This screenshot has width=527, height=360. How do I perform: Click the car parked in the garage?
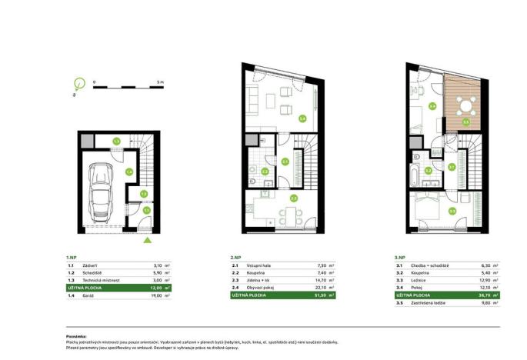click(102, 191)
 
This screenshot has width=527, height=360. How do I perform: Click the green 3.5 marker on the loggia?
click(465, 122)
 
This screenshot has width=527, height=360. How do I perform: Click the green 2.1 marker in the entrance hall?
click(285, 162)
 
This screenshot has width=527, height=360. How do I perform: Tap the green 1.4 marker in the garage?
click(130, 172)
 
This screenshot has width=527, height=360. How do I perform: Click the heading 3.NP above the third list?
click(400, 258)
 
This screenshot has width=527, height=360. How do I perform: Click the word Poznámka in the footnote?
click(78, 337)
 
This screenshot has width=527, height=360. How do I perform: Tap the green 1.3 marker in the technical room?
click(116, 141)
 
